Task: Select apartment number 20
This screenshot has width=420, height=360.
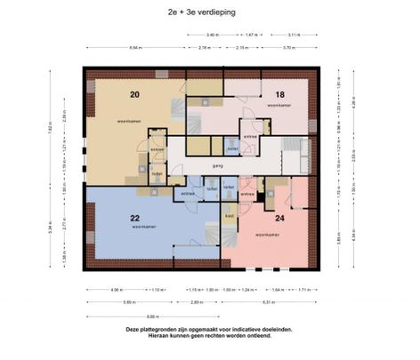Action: pos(135,94)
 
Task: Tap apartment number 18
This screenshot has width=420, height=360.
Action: pos(279,93)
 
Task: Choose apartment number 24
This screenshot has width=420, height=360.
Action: pos(279,218)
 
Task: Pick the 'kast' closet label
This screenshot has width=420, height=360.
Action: pos(229,216)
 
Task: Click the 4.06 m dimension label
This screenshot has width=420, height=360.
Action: pos(117,289)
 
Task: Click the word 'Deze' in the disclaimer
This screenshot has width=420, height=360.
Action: pos(133,330)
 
